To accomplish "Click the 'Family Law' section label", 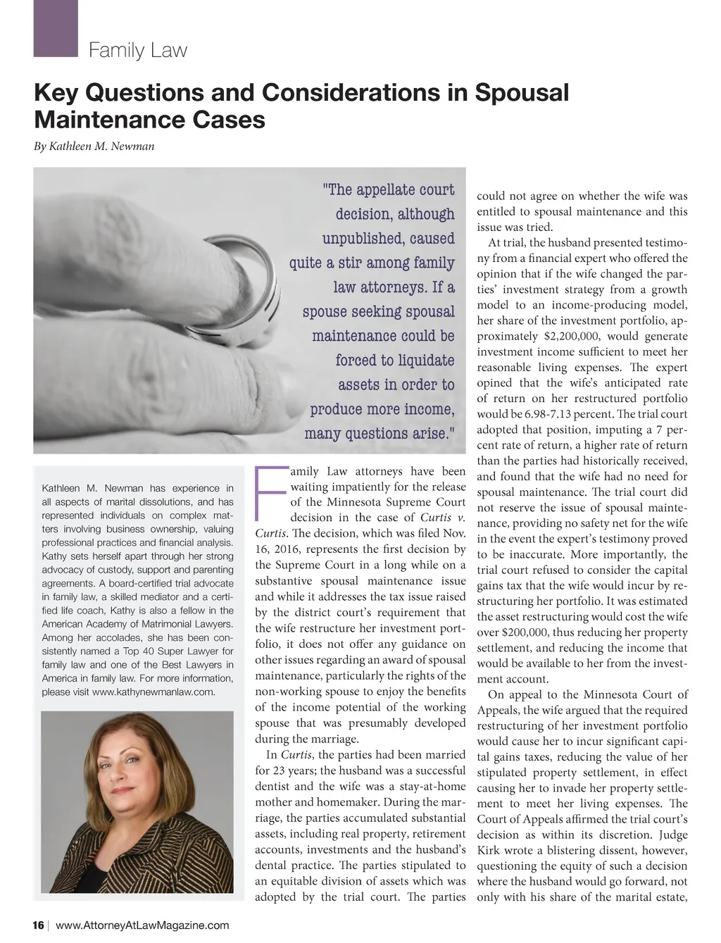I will click(x=138, y=51).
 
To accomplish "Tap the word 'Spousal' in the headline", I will click(x=521, y=93).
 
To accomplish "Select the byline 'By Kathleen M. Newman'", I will click(x=94, y=146).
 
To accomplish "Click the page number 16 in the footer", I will click(x=39, y=925).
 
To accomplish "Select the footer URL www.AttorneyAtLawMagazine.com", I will click(x=142, y=925).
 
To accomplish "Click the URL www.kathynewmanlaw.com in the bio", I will click(x=153, y=692).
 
